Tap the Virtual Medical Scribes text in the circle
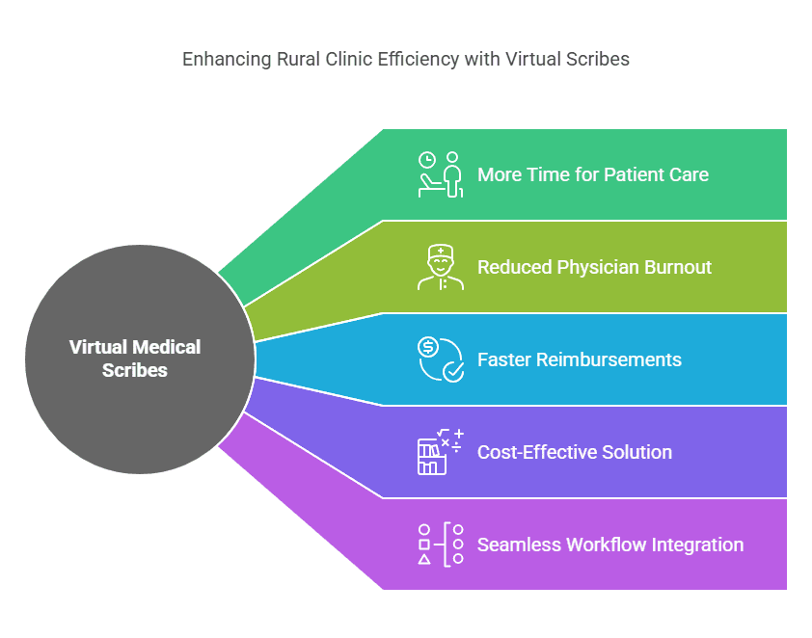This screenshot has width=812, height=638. click(x=135, y=359)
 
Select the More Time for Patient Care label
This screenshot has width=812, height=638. click(x=593, y=174)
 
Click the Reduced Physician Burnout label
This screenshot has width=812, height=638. click(x=594, y=267)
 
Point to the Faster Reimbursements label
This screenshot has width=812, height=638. click(x=580, y=359)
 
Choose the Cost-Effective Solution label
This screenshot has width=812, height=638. click(x=575, y=452)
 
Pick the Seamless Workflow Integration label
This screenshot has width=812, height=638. click(x=610, y=545)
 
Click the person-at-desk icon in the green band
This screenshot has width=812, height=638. click(x=441, y=174)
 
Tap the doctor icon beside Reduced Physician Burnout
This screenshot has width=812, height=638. click(x=441, y=267)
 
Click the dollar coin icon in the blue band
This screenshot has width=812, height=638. click(x=427, y=347)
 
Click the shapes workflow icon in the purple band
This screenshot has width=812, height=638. click(x=441, y=545)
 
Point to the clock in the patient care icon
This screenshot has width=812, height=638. click(x=427, y=160)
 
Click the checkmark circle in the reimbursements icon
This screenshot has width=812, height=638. click(x=452, y=371)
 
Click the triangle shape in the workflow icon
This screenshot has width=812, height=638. click(x=424, y=559)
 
